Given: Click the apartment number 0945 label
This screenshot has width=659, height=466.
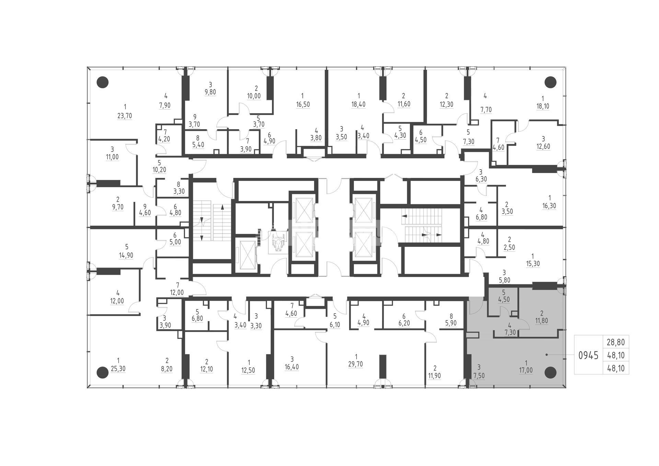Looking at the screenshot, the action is point(588,355).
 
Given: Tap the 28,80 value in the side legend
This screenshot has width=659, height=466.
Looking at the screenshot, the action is point(616,342).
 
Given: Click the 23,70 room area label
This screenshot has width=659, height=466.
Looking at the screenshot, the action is point(125,116).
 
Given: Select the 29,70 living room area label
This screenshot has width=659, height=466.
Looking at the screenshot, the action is point(356,364).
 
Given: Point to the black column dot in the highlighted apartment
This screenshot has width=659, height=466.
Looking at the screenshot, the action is point(551,372).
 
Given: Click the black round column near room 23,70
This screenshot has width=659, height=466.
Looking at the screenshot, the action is point(103,82).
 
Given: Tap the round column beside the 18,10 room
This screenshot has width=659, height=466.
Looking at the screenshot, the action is point(551,82).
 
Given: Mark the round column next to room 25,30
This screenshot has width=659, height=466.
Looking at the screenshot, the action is point(103,372).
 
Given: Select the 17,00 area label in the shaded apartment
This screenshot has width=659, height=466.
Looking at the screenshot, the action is point(526,371).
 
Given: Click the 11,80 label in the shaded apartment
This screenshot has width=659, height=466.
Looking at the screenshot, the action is point(541,321).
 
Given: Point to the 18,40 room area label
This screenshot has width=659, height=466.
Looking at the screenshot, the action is point(358,104).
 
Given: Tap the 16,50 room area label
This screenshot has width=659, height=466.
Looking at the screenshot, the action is point(303,105).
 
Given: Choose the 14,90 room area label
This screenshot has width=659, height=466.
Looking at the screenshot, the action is point(126,255).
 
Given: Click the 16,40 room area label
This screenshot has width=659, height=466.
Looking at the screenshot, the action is point(292,367).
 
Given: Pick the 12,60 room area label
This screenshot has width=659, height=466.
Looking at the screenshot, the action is point(543,147).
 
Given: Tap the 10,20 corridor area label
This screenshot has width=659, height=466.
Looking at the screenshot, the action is point(159,170).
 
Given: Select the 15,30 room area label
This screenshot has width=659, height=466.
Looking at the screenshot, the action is point(533,264).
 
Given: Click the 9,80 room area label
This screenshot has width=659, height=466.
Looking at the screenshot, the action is point(210,92).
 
